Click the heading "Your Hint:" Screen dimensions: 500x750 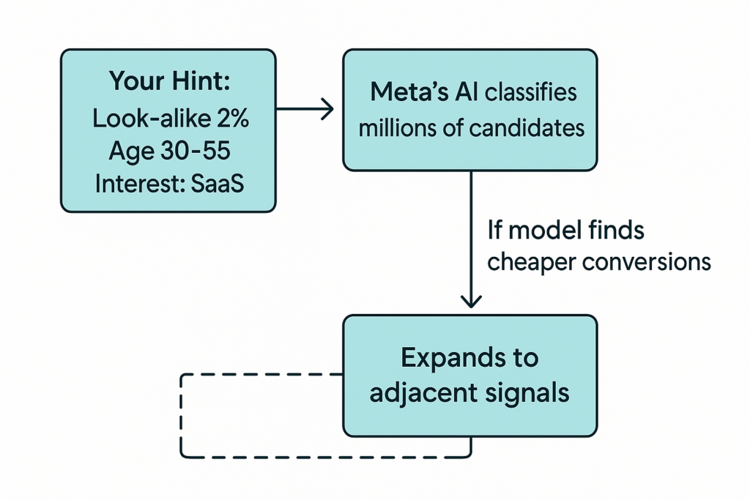tap(169, 81)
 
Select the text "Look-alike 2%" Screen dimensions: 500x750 tap(170, 118)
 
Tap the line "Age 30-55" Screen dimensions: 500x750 tap(169, 150)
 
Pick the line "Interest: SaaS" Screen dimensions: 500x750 tap(169, 183)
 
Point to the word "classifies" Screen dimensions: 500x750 tap(531, 92)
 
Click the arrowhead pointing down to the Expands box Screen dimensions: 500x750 tap(470, 300)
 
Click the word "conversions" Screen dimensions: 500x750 tap(649, 261)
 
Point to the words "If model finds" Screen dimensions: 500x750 tap(565, 231)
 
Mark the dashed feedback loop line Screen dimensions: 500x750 tap(181, 417)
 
